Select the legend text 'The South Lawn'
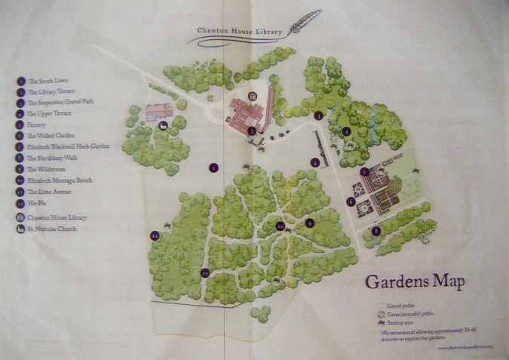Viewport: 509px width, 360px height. [x=48, y=80]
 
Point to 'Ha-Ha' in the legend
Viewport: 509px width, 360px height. [x=36, y=202]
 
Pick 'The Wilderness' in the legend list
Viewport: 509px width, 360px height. [x=49, y=169]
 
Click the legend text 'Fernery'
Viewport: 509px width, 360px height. [x=37, y=124]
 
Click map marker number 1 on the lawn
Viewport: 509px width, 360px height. [x=214, y=168]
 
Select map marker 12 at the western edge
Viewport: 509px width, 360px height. [x=155, y=235]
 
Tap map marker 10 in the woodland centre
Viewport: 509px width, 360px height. [x=280, y=226]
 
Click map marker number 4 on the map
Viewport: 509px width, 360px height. [x=315, y=162]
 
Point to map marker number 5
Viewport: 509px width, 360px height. [x=346, y=131]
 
